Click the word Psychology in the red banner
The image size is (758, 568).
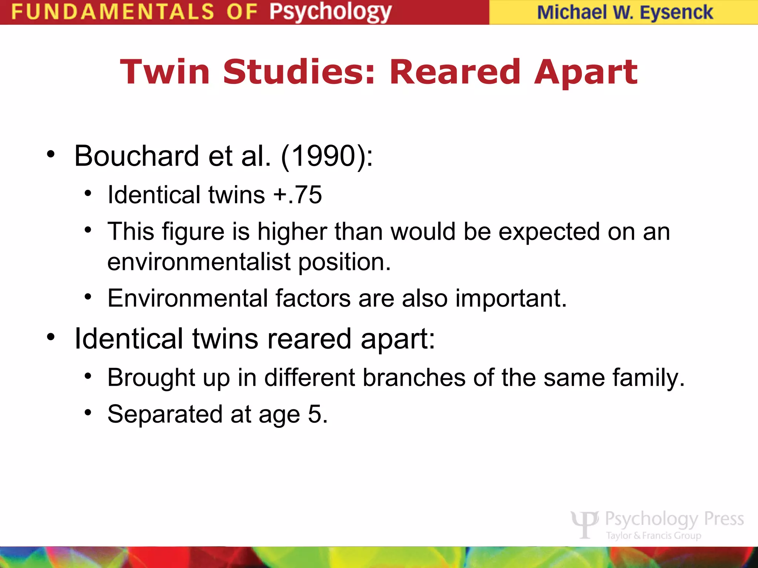click(x=330, y=12)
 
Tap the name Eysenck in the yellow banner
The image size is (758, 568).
click(x=676, y=12)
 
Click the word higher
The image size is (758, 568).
click(x=292, y=232)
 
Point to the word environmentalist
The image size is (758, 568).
click(x=199, y=262)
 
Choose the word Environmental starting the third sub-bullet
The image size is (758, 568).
click(x=188, y=298)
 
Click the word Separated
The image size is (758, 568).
click(x=165, y=414)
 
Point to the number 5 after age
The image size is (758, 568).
click(x=315, y=414)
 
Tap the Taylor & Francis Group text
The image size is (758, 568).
click(x=654, y=535)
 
